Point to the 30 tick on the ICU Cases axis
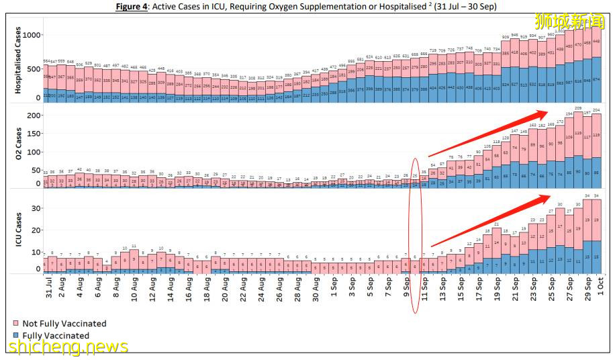pyautogui.click(x=35, y=209)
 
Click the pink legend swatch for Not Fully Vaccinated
pyautogui.click(x=16, y=324)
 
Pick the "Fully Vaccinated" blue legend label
pyautogui.click(x=56, y=335)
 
